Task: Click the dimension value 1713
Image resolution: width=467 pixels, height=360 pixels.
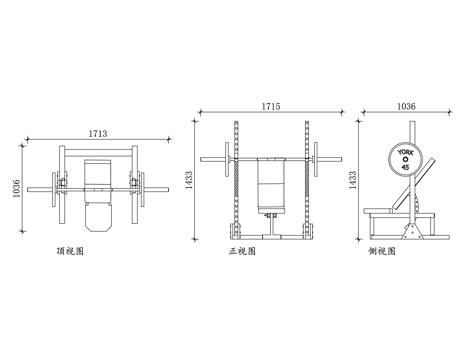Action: (x=98, y=133)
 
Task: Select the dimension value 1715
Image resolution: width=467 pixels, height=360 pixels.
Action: (x=271, y=106)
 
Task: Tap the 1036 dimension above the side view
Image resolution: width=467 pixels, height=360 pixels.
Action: (x=406, y=106)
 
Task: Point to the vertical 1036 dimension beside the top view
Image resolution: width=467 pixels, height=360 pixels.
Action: (x=16, y=189)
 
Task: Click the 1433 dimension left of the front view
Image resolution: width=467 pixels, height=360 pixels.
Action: (x=189, y=180)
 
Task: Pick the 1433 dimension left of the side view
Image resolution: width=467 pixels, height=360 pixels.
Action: (x=353, y=180)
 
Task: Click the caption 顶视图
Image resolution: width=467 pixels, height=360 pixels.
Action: (x=70, y=251)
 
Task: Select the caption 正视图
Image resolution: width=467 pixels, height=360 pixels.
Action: (x=242, y=251)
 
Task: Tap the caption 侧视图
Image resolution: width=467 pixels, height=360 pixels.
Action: (x=382, y=251)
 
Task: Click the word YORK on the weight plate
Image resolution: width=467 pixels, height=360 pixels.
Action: (x=405, y=153)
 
